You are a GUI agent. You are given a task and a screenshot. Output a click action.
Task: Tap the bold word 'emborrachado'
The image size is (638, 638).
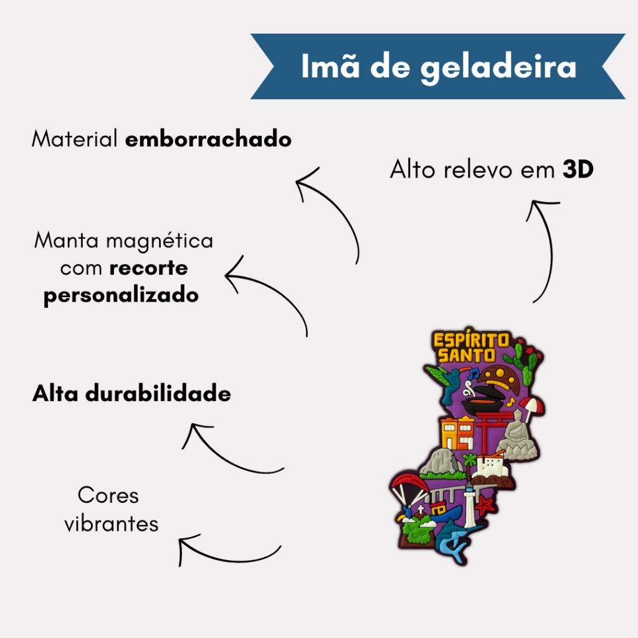coord(208,139)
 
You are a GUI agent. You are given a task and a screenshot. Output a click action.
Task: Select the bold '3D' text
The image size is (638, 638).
coord(578,169)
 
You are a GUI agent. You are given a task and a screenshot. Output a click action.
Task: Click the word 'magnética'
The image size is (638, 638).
coord(159,240)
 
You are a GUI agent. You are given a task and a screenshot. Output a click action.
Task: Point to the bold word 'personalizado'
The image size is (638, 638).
coord(121,295)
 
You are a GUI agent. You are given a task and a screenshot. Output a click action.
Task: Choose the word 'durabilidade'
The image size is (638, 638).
coord(158,394)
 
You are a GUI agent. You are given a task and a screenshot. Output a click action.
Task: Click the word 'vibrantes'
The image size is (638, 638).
coord(111,523)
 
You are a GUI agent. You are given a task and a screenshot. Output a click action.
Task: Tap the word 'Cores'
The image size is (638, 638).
coord(108,495)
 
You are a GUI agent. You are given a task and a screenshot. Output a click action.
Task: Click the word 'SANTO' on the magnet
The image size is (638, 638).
coord(466,356)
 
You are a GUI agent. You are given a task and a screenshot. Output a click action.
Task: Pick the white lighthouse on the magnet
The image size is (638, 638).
coord(470,506)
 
